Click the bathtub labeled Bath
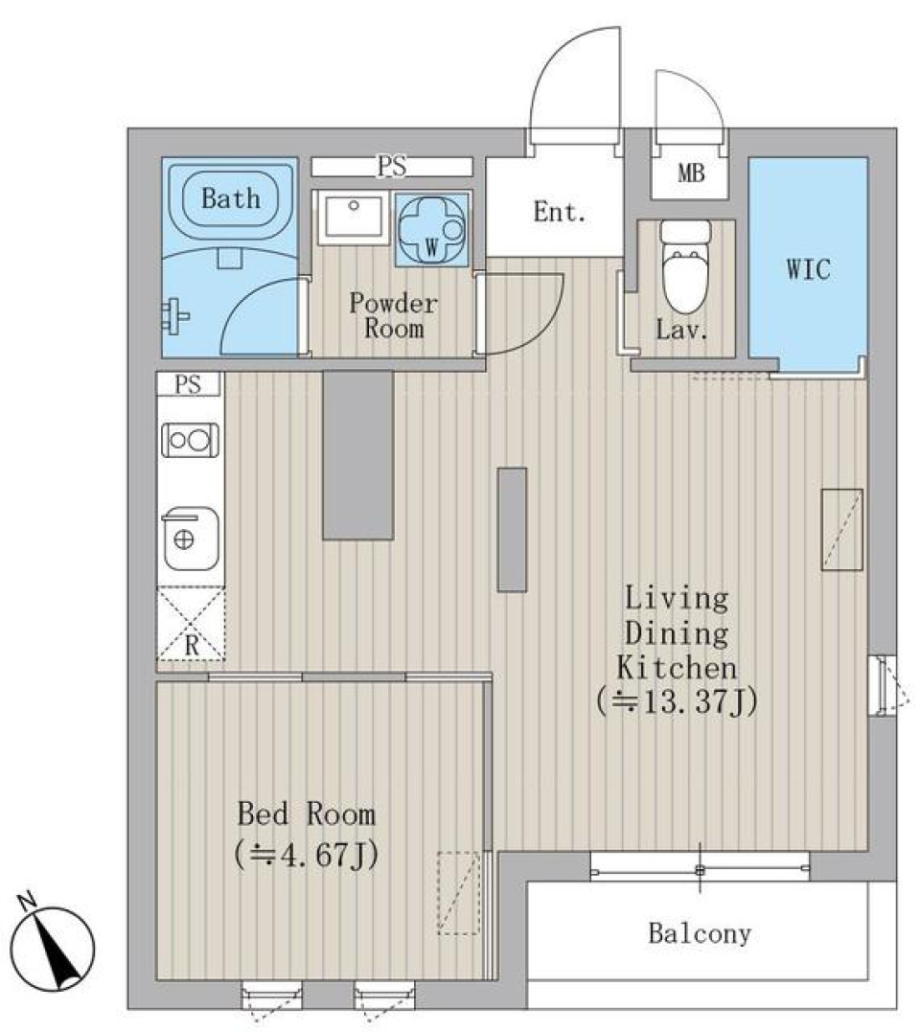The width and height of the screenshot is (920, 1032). tap(230, 199)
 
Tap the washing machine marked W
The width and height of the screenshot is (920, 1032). tap(431, 230)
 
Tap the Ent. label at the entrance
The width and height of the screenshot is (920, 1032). tap(559, 213)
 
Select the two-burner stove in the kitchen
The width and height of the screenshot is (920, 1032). tap(190, 440)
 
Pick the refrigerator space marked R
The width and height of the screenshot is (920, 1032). tap(191, 624)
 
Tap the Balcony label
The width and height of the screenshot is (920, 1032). tap(699, 933)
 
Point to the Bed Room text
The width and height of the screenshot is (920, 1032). tap(306, 815)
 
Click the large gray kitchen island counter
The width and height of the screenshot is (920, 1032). tap(357, 455)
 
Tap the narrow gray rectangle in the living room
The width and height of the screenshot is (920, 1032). tap(512, 529)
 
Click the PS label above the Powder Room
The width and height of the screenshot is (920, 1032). tap(391, 167)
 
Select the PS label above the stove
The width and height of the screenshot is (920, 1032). tap(189, 385)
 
